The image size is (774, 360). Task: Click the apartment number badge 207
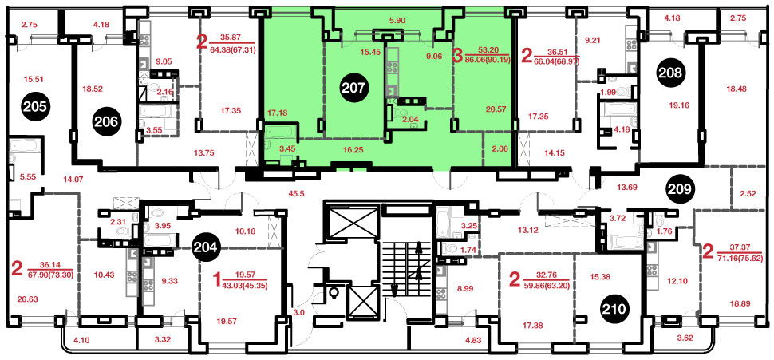click(x=355, y=88)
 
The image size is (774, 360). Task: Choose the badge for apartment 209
click(x=680, y=188)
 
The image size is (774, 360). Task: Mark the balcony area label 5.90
click(x=397, y=21)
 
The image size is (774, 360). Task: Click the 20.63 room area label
click(x=28, y=298)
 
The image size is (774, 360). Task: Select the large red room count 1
click(x=216, y=282)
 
